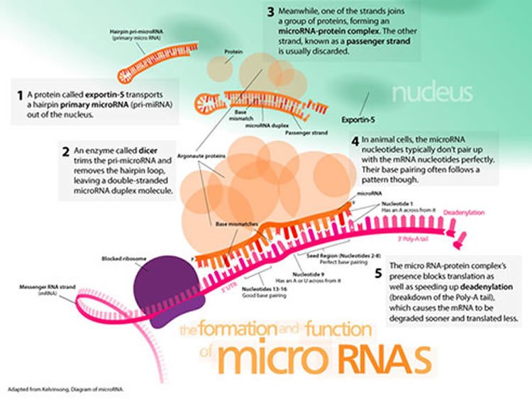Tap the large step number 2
pyautogui.click(x=65, y=151)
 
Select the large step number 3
pyautogui.click(x=271, y=12)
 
